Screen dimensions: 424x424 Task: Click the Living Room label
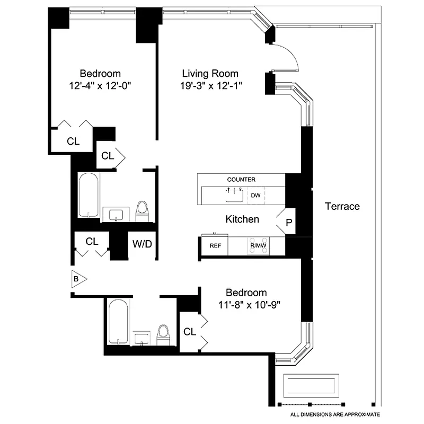[210, 74]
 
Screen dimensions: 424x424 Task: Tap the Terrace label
[342, 206]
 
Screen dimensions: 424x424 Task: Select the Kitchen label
[242, 219]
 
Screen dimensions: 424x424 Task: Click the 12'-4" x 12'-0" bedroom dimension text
[100, 85]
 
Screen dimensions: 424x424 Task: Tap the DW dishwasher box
[256, 195]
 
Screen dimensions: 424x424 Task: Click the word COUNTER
[241, 180]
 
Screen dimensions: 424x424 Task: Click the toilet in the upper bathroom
[142, 210]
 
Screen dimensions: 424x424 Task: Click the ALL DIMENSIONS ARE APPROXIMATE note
[335, 414]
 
